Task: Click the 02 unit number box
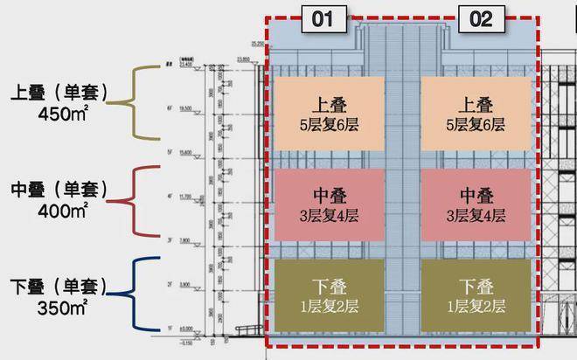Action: pyautogui.click(x=481, y=18)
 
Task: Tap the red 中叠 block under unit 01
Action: pyautogui.click(x=328, y=205)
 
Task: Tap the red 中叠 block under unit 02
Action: pyautogui.click(x=476, y=205)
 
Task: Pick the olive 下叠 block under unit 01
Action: pyautogui.click(x=328, y=296)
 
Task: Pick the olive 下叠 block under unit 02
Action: pyautogui.click(x=476, y=296)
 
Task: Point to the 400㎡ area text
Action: pyautogui.click(x=61, y=211)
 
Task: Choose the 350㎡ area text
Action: pyautogui.click(x=61, y=308)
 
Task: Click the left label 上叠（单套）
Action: pyautogui.click(x=62, y=92)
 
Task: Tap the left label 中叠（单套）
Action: pyautogui.click(x=62, y=190)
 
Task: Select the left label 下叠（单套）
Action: pyautogui.click(x=62, y=287)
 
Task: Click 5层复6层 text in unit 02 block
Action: pyautogui.click(x=476, y=125)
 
